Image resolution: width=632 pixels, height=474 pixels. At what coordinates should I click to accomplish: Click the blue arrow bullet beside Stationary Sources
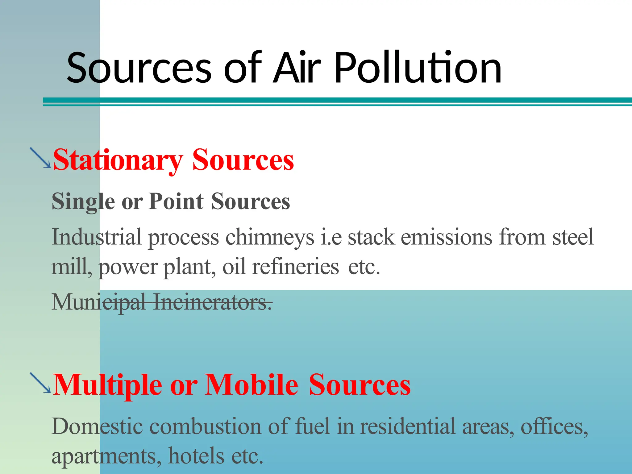coord(40,158)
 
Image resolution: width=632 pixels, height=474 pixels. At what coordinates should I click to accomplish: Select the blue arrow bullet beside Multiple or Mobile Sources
coord(40,383)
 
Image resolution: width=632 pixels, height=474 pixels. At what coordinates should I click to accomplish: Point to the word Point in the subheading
coord(176,201)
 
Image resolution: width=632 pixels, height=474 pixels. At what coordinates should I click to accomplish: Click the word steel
coord(573,237)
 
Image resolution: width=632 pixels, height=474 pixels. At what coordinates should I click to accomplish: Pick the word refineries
coord(295,267)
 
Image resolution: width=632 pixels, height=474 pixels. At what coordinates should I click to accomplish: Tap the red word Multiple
coord(107,385)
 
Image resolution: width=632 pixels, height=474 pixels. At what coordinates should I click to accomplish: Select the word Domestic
coord(97,426)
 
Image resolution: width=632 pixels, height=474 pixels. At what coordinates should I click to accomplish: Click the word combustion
coord(205,426)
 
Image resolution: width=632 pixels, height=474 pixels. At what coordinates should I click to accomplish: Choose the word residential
coord(408,426)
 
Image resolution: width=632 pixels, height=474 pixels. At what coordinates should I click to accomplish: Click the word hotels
coord(196,456)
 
